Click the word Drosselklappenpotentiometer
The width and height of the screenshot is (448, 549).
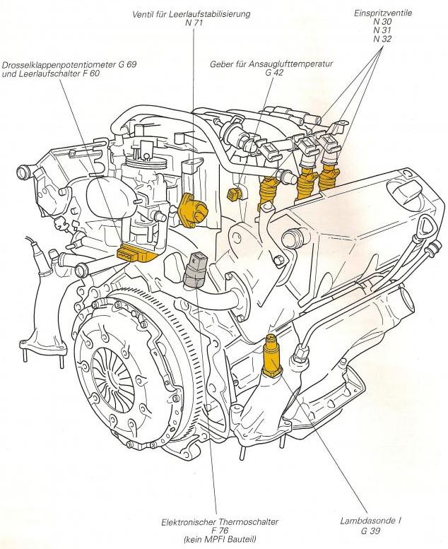coord(59,64)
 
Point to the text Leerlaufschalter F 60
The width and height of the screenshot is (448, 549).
coord(49,73)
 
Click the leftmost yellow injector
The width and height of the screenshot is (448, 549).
coord(270,189)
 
